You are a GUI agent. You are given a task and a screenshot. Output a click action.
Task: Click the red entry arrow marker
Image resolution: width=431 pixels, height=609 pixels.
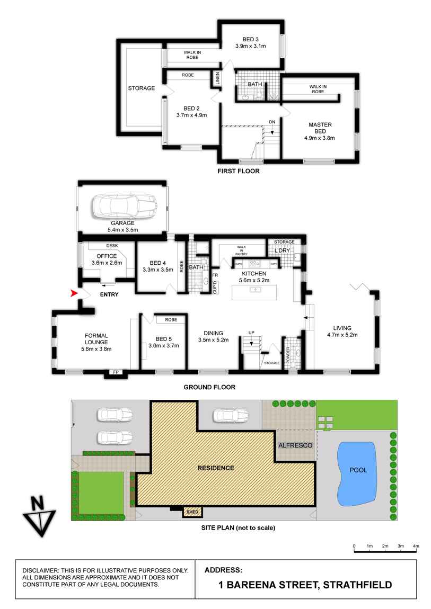pos(75,293)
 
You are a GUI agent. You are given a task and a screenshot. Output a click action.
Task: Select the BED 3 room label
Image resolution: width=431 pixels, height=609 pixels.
pos(251,39)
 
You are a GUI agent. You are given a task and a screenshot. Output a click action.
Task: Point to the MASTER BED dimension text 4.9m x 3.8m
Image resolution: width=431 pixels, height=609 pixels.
pos(320,138)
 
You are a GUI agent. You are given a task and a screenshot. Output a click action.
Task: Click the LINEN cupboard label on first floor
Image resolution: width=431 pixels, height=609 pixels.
pos(217,78)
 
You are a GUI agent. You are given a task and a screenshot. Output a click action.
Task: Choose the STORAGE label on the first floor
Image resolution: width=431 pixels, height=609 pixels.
pos(141,88)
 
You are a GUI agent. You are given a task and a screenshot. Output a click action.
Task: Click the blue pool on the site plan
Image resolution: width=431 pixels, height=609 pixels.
pos(357,473)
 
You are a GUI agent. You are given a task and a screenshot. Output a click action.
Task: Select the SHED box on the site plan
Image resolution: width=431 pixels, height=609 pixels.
pos(191,512)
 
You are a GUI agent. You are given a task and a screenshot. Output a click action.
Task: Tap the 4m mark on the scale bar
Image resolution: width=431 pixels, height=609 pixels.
pos(416,545)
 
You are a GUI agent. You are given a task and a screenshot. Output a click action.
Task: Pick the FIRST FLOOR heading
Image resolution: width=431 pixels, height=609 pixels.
pos(239,171)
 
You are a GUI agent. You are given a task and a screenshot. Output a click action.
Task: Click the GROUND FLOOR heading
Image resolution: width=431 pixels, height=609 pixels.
pos(209,387)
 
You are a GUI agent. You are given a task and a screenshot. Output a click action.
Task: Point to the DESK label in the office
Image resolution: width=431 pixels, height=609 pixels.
pos(112,246)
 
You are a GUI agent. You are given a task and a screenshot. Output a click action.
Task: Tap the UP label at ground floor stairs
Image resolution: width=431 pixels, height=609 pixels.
pos(251,332)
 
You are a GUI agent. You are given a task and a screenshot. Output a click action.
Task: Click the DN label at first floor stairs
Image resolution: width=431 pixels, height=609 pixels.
pos(272,122)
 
